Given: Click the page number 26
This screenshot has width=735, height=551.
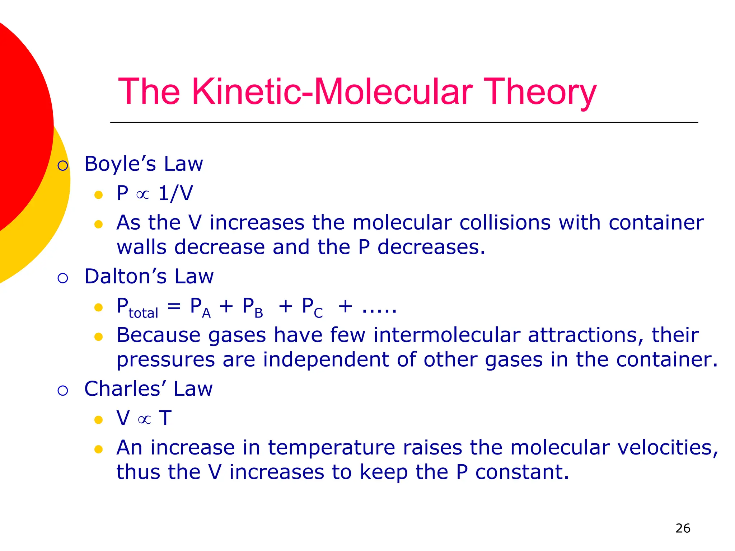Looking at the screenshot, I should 683,528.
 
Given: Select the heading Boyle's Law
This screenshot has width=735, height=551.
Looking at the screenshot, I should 144,164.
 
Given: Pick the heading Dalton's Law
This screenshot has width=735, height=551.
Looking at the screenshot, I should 149,277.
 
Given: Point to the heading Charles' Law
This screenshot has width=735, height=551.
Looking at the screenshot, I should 148,389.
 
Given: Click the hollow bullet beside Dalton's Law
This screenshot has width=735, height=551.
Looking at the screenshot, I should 63,278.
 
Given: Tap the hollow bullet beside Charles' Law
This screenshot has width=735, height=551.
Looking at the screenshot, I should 63,390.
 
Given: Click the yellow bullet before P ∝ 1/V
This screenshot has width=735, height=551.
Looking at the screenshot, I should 98,195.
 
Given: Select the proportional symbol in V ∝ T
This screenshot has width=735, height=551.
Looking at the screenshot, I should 144,419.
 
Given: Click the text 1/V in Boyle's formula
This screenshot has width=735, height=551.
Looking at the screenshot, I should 175,193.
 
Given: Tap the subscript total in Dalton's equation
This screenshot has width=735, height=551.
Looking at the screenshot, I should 143,313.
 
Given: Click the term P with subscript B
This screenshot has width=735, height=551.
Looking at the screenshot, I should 253,307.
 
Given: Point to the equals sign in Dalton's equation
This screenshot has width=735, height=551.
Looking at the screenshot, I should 174,306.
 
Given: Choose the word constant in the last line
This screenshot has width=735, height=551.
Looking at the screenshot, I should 522,472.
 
